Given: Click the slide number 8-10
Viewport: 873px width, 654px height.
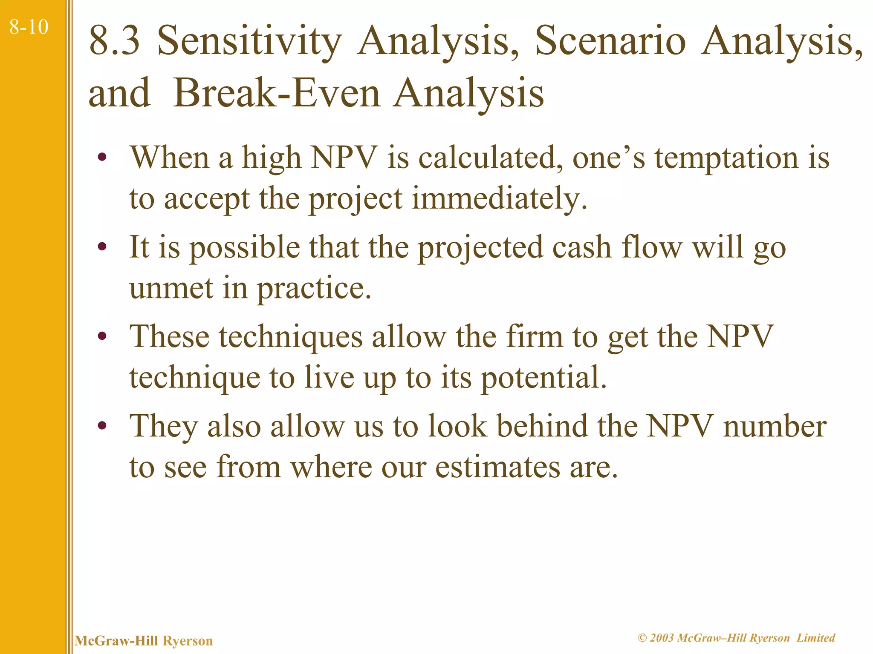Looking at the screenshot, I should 29,27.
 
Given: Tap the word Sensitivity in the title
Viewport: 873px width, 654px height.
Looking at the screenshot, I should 249,41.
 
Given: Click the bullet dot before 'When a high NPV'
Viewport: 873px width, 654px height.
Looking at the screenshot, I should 102,158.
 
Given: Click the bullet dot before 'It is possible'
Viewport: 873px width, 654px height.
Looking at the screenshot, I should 102,247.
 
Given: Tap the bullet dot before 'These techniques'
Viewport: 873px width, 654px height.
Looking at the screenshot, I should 102,336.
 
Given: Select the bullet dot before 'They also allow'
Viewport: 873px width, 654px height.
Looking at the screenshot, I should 102,426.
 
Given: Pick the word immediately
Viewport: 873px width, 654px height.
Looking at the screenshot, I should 499,199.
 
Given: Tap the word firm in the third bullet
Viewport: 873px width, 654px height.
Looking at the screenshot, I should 534,336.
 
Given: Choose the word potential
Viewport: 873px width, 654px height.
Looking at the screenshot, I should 543,378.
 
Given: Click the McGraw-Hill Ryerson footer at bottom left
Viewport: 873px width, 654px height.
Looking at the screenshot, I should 144,641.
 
